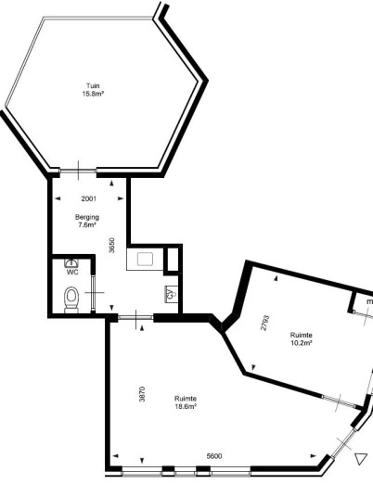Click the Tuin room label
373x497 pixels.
(93, 85)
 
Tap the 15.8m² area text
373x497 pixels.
(94, 94)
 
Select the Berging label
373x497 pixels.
(87, 217)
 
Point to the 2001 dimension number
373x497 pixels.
(89, 198)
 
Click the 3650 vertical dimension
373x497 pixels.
(111, 246)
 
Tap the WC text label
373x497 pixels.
(72, 273)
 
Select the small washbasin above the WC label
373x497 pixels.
(71, 262)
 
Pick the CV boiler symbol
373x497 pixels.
(172, 295)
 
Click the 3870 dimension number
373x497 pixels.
(142, 394)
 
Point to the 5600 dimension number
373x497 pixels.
(214, 456)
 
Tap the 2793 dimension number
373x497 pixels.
(264, 323)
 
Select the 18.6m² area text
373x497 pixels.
(186, 406)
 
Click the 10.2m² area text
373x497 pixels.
(302, 343)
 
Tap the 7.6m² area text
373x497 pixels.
(87, 225)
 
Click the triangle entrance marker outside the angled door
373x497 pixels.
(361, 459)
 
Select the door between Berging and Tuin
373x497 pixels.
(78, 171)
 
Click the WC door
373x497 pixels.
(93, 293)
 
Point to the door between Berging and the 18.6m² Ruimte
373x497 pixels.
(135, 317)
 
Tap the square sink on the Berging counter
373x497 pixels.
(146, 259)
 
